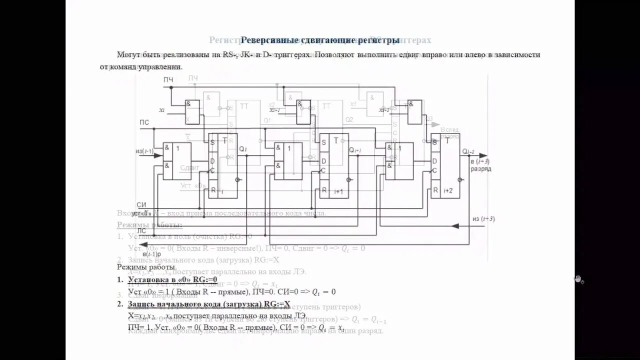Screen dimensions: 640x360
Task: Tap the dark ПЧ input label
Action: coord(168,79)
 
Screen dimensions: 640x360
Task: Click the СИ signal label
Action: coord(141,205)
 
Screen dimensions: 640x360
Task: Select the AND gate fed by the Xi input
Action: coord(192,111)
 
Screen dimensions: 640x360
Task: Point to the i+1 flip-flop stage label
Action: coord(338,190)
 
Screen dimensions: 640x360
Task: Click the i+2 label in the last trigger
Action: coord(448,190)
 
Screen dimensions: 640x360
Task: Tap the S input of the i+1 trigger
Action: coord(323,142)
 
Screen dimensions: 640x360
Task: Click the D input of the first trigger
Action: coord(212,160)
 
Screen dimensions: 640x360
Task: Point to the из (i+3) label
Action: coord(482,218)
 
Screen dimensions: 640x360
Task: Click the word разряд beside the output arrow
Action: coord(480,169)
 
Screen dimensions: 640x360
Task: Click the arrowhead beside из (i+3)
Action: coord(455,226)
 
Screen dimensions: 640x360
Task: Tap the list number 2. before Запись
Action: coord(120,303)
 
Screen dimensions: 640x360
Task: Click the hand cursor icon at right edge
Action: coord(579,279)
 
